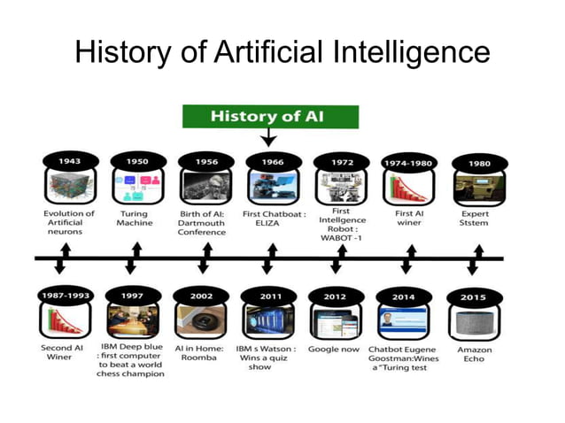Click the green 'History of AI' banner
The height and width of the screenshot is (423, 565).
tap(270, 117)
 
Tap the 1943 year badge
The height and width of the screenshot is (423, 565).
tap(69, 162)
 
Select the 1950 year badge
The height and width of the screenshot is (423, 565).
tap(136, 162)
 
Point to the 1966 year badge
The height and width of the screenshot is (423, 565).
tap(271, 163)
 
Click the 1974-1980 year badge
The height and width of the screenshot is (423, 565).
tap(407, 164)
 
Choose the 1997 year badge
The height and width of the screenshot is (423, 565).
tap(133, 296)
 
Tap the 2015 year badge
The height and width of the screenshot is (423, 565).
tap(473, 297)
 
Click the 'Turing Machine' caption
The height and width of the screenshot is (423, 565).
tap(134, 219)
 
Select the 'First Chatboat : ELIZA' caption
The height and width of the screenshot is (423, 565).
tap(275, 219)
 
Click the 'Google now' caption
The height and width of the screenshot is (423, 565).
tap(334, 349)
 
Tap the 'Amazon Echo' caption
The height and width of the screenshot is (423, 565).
tap(475, 353)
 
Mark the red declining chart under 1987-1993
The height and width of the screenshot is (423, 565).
tap(65, 321)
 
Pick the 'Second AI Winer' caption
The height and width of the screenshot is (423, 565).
tap(62, 353)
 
